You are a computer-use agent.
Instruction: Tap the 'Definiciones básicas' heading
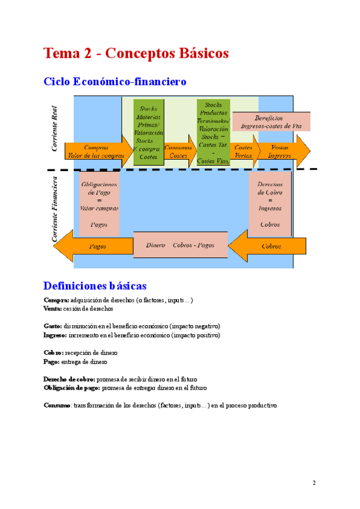tap(95, 286)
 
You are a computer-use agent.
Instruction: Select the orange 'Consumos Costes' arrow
tap(179, 152)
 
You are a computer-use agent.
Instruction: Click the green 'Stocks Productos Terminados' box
tap(213, 131)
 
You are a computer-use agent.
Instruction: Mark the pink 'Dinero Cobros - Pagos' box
tap(180, 245)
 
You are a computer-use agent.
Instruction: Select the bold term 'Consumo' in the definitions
tap(57, 405)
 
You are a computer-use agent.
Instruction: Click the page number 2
tap(314, 483)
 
